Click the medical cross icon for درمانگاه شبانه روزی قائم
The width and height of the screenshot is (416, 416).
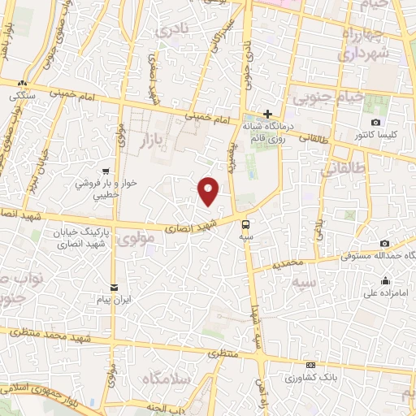[267, 114]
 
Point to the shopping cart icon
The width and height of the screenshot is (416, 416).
[106, 171]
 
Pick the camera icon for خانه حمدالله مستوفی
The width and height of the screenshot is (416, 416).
[384, 244]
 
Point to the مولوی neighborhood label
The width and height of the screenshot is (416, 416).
[135, 240]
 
